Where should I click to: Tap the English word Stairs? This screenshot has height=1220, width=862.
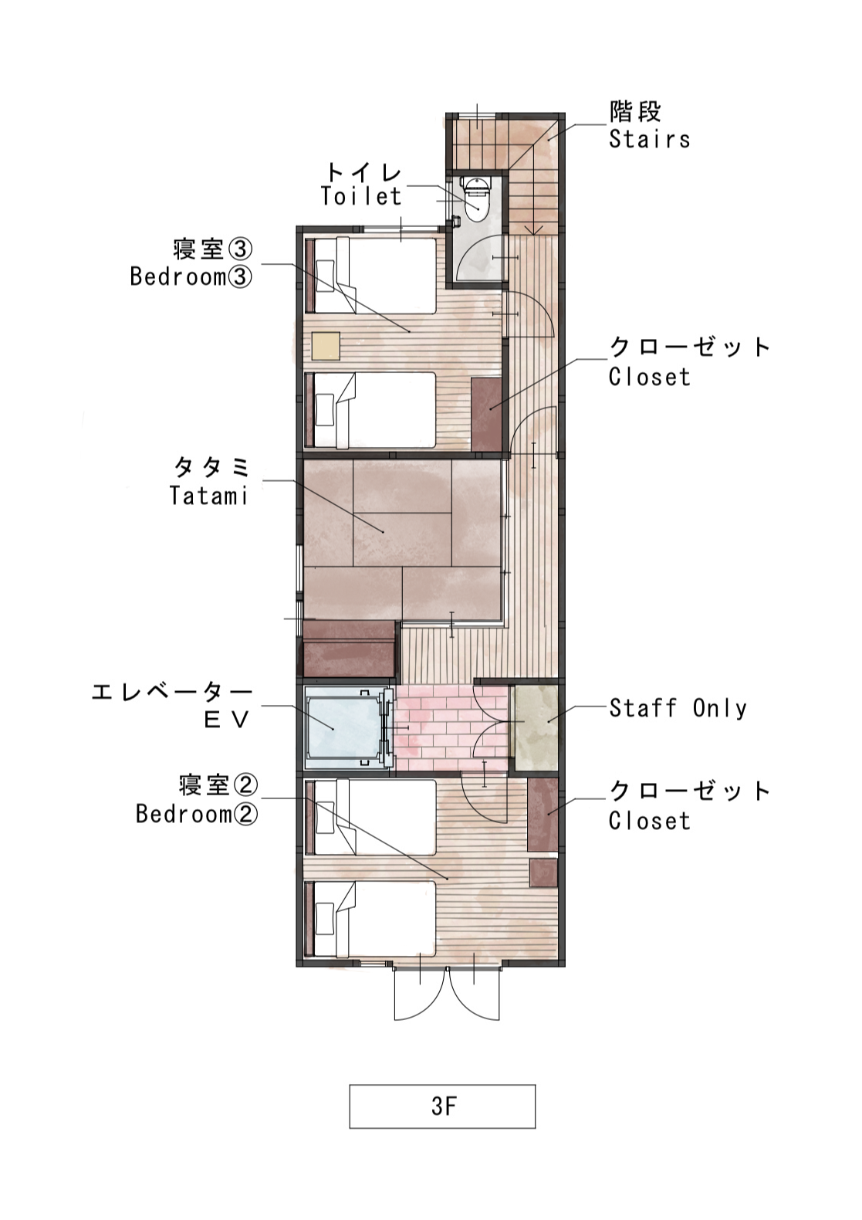click(649, 139)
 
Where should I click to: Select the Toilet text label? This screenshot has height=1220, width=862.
click(361, 196)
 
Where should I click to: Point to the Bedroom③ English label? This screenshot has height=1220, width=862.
click(191, 276)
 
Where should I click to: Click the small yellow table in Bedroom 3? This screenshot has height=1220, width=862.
click(326, 346)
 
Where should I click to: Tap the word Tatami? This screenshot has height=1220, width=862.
click(209, 496)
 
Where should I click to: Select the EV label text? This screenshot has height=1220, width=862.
click(226, 720)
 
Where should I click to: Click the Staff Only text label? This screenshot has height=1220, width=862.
click(678, 708)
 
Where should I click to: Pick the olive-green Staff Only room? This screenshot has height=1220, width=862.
click(536, 728)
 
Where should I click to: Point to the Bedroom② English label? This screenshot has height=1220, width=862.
click(197, 814)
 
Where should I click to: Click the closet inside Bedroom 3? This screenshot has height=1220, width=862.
click(486, 414)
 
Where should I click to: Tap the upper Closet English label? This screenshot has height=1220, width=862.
click(649, 377)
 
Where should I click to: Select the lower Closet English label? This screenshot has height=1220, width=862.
click(649, 821)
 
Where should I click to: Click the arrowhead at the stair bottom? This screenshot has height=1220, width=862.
click(535, 230)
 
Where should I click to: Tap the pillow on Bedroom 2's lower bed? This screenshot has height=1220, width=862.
click(326, 918)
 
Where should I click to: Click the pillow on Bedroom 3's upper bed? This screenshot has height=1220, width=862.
click(326, 276)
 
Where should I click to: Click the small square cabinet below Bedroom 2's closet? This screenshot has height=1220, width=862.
click(543, 873)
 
